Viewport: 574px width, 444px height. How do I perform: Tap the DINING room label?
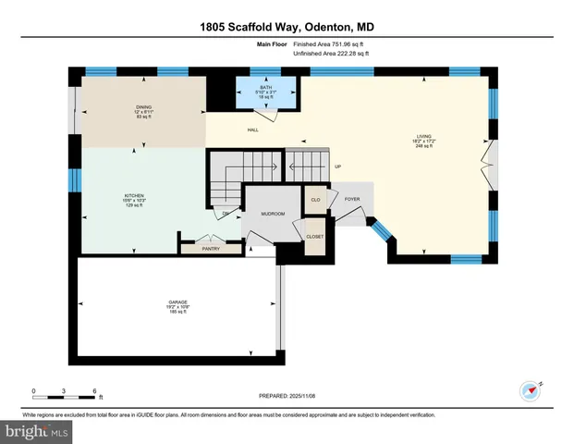[x=142, y=107]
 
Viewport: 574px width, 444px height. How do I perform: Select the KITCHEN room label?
[x=135, y=196]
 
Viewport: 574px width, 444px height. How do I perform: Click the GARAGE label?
[x=178, y=302]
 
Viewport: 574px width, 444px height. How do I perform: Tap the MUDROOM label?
[x=273, y=214]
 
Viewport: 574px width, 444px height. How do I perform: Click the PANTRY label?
[x=212, y=248]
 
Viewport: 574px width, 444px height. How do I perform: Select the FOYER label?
[x=352, y=198]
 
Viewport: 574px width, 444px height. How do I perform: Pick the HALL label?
[x=252, y=129]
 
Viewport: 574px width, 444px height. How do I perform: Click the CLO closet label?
[x=315, y=199]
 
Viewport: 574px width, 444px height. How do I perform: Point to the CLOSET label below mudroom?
[x=315, y=236]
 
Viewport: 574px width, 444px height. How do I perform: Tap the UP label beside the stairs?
[x=337, y=166]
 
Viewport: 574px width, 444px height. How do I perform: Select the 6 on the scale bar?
[x=95, y=390]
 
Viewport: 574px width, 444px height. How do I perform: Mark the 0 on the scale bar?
[x=34, y=390]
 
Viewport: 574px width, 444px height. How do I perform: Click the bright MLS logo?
[x=37, y=432]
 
